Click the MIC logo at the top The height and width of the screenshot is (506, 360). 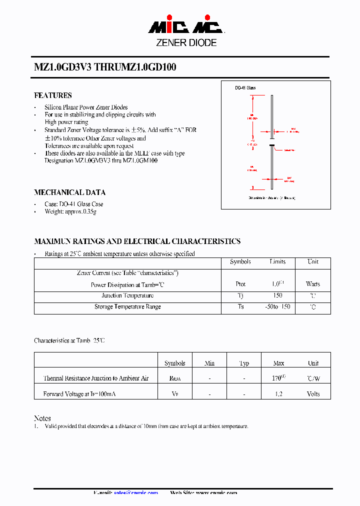point(185,26)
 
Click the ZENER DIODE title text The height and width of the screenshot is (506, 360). point(186,43)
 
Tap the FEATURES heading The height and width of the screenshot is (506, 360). point(53,95)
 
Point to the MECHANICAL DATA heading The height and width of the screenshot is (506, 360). point(69,192)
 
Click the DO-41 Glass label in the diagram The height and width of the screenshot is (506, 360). point(245,88)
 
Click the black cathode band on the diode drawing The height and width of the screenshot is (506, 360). point(272,145)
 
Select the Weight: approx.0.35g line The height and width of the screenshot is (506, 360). point(70,212)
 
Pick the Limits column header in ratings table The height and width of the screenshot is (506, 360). point(277,262)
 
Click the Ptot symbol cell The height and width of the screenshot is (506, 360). point(240,284)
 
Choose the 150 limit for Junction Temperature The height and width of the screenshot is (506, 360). point(277,295)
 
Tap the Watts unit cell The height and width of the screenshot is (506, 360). point(313,284)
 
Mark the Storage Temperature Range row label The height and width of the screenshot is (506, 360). point(127,307)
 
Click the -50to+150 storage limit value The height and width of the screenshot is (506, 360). point(277,307)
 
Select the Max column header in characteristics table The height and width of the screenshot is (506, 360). point(278,363)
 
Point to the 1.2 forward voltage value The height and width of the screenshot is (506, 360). point(278,394)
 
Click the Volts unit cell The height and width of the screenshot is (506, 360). point(313,394)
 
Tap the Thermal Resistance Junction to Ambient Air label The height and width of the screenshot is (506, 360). point(96,378)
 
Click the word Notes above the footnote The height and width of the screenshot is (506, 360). point(42,418)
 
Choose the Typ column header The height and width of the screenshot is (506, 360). point(244,363)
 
